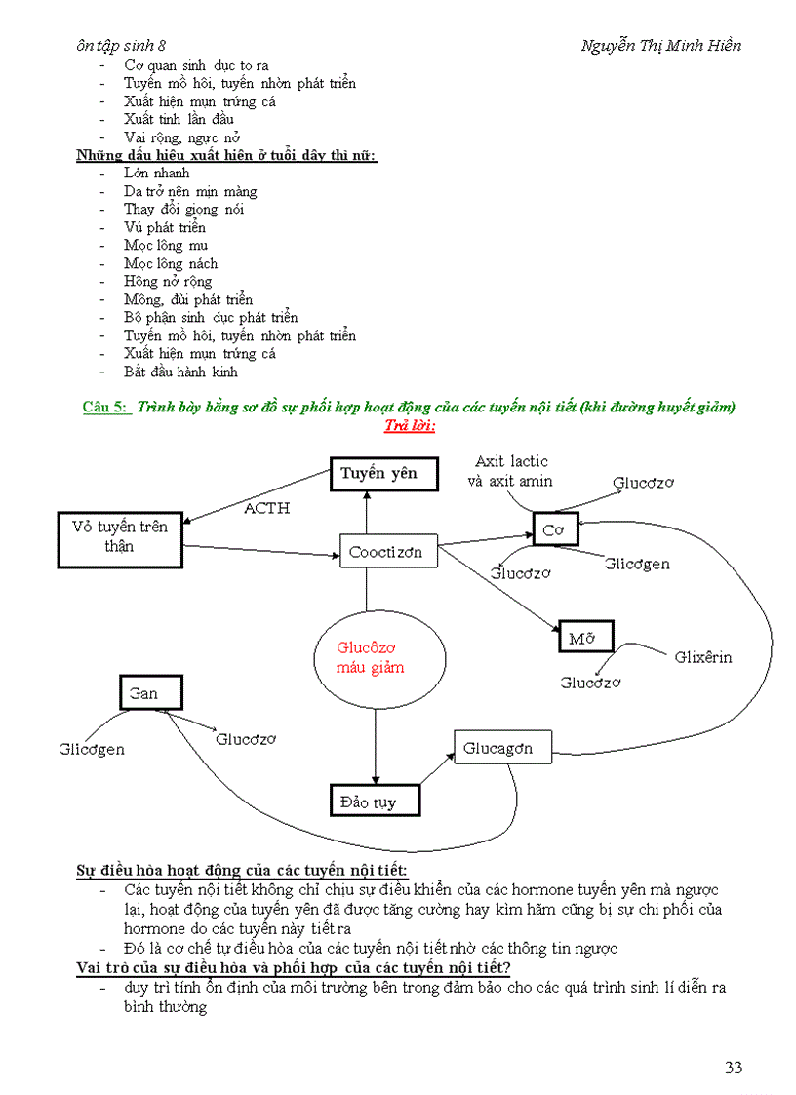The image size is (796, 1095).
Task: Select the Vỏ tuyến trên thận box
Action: [120, 537]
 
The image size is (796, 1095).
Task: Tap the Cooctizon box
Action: [386, 552]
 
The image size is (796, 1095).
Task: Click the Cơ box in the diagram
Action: [555, 529]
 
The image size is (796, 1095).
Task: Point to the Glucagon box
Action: [502, 749]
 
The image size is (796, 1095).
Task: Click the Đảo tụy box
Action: [376, 802]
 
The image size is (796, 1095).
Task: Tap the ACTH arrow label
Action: [266, 508]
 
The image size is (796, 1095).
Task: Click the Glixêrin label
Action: [702, 657]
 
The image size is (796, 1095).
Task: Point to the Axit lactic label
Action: [511, 461]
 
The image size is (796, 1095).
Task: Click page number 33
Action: [734, 1067]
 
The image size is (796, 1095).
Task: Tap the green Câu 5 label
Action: [105, 408]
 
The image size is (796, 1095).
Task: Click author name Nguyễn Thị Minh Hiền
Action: [660, 46]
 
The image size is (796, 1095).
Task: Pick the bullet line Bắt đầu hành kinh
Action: [180, 372]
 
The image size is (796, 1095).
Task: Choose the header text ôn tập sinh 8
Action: [121, 46]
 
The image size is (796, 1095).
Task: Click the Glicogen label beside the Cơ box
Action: [636, 564]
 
